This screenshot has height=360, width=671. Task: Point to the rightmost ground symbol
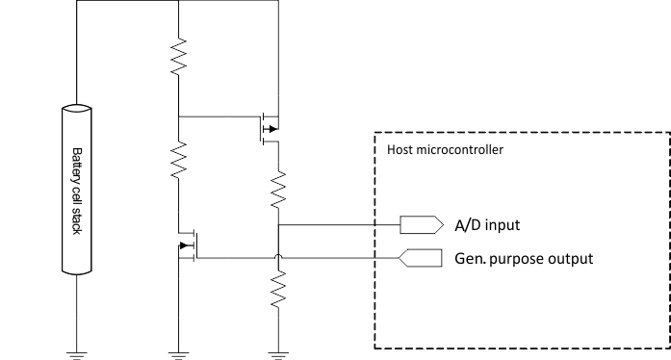(x=277, y=352)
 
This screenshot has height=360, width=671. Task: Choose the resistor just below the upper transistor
(x=277, y=189)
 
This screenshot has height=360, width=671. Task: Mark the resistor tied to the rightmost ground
(x=277, y=288)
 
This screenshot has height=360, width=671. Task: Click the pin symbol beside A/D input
(x=420, y=225)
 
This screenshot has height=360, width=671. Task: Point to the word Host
(x=399, y=149)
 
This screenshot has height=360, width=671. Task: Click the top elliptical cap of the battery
(x=78, y=111)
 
